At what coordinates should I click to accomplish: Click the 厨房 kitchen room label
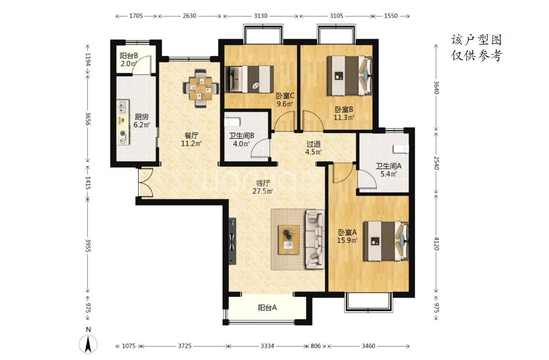pyautogui.click(x=142, y=117)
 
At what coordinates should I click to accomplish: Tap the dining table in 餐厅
pyautogui.click(x=201, y=87)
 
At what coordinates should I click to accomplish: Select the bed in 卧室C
pyautogui.click(x=249, y=79)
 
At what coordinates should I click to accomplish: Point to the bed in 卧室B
pyautogui.click(x=350, y=76)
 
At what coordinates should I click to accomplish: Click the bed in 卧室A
pyautogui.click(x=386, y=241)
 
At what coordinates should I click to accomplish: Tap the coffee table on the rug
pyautogui.click(x=289, y=240)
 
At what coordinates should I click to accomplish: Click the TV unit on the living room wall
pyautogui.click(x=232, y=241)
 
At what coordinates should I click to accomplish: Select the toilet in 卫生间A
pyautogui.click(x=401, y=149)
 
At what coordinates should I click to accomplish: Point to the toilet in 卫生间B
pyautogui.click(x=232, y=122)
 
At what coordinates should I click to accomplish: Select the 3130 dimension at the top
pyautogui.click(x=261, y=16)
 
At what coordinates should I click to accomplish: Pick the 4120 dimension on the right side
pyautogui.click(x=436, y=243)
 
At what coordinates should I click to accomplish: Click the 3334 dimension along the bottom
pyautogui.click(x=267, y=346)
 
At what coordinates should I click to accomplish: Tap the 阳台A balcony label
pyautogui.click(x=268, y=307)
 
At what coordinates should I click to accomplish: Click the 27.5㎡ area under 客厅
pyautogui.click(x=262, y=191)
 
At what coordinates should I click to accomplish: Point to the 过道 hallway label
pyautogui.click(x=313, y=144)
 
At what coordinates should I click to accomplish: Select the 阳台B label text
pyautogui.click(x=129, y=55)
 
